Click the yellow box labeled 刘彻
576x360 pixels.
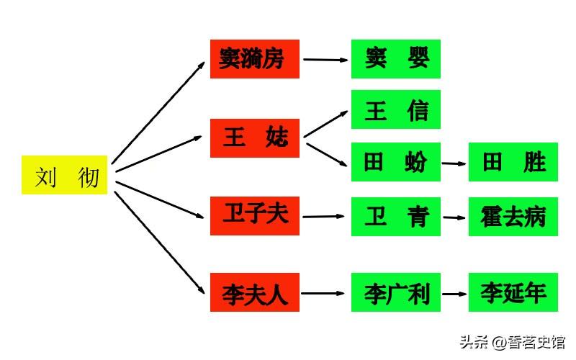coord(64,175)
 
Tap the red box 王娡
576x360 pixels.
coord(254,138)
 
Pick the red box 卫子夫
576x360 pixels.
coord(254,215)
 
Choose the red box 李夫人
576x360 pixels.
coord(254,292)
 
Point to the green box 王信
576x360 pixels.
coord(395,109)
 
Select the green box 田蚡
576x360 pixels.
coord(395,162)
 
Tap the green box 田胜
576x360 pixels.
coord(513,162)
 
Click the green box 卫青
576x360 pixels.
coord(395,216)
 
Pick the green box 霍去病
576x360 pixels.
coord(513,216)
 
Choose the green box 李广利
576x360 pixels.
coord(395,292)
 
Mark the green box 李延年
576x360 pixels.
coord(513,292)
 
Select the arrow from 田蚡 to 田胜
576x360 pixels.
coord(454,163)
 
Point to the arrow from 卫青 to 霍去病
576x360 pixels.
coord(454,217)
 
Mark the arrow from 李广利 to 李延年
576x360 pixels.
coord(454,294)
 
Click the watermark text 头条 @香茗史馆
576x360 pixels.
coord(513,341)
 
